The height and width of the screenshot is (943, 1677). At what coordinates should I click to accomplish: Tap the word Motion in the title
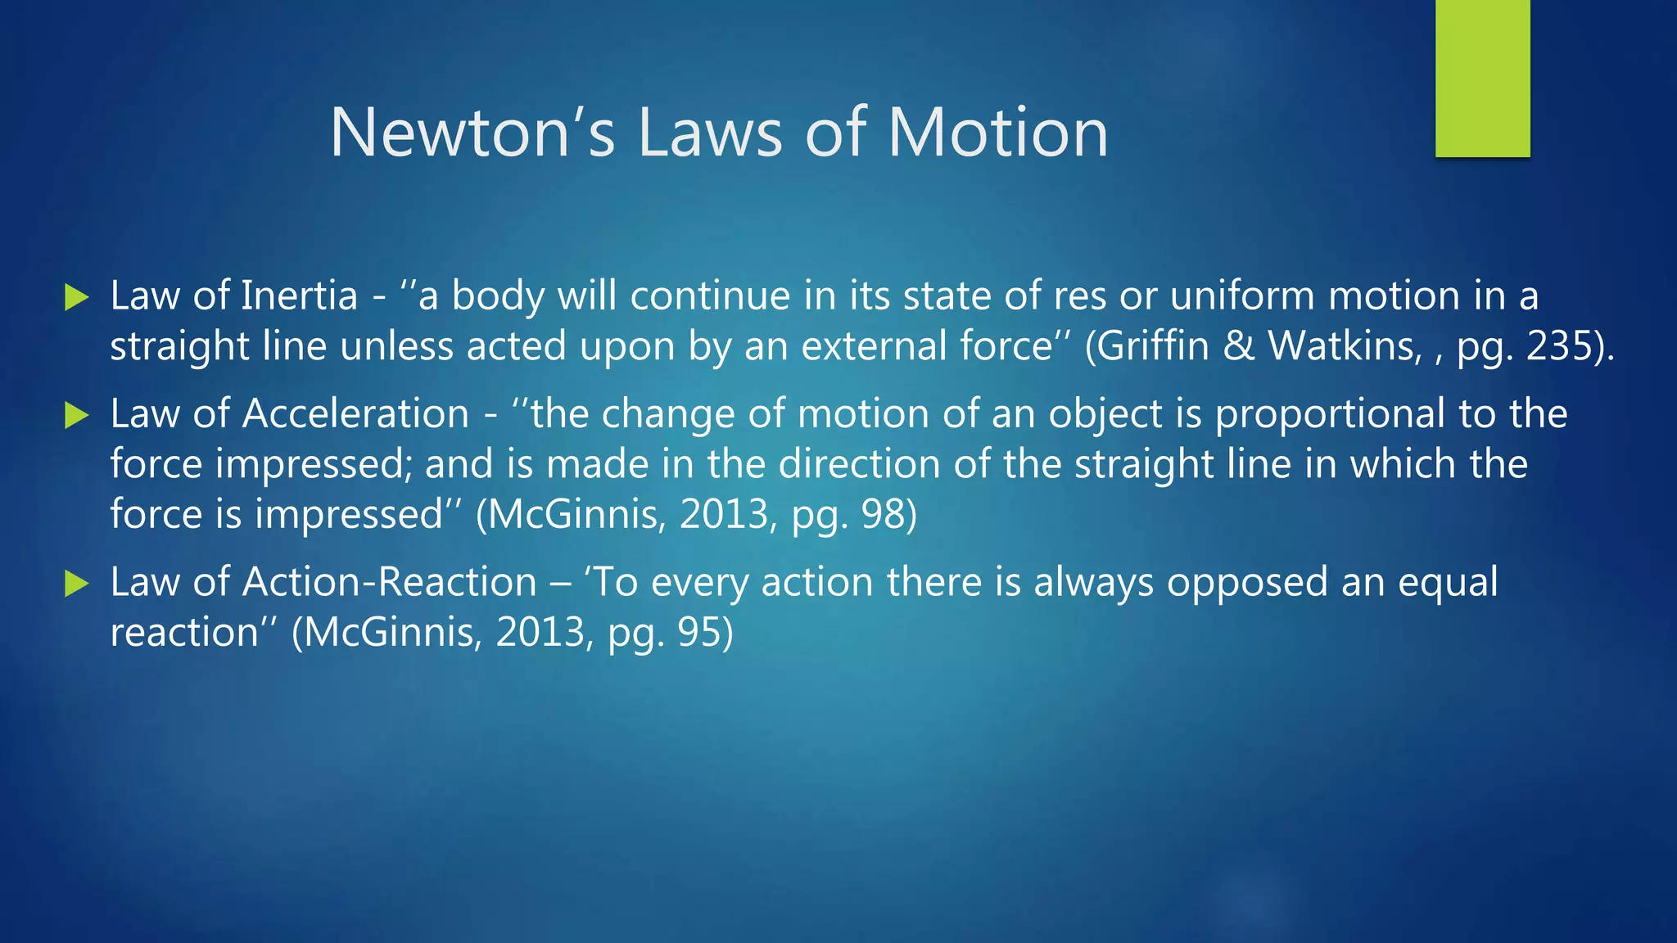pos(998,133)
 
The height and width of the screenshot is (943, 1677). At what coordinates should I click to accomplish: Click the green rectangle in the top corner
pos(1482,78)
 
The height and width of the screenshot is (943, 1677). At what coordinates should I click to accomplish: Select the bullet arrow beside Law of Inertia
pos(76,298)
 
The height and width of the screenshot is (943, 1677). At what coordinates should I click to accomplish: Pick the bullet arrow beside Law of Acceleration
pos(76,416)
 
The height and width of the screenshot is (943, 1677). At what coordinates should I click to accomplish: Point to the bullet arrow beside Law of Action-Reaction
pos(76,584)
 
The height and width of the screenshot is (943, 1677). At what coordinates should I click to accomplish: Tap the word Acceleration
pos(355,413)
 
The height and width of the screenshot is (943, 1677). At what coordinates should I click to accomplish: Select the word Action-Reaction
pos(389,582)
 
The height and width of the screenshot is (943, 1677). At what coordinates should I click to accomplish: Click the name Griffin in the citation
pos(1153,346)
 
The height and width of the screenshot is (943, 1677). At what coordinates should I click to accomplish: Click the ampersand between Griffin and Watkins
pos(1239,346)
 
